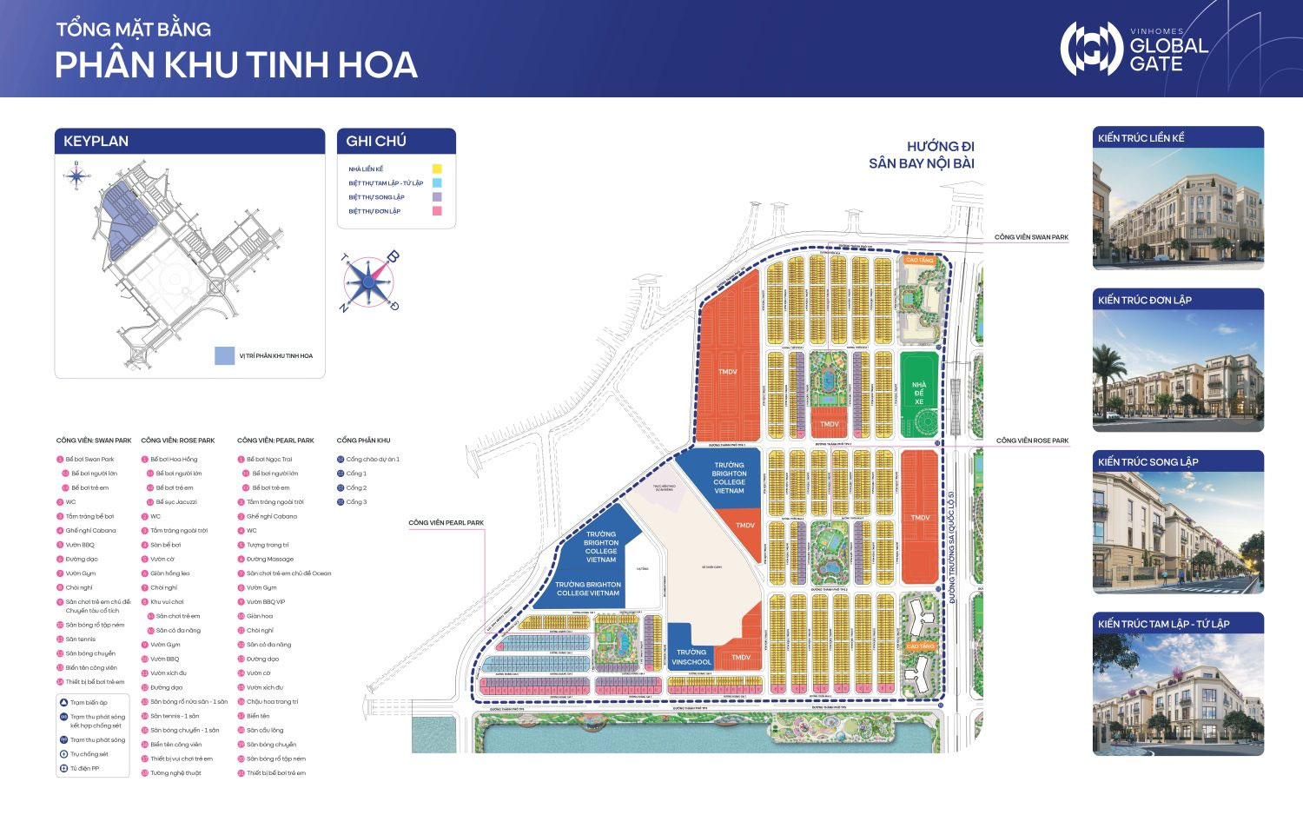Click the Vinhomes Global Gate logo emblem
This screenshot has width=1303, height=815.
[1092, 49]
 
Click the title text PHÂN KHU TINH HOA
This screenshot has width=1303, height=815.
[236, 66]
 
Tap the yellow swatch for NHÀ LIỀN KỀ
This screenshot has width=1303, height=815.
[437, 169]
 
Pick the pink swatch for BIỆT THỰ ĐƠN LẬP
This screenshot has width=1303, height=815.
[437, 211]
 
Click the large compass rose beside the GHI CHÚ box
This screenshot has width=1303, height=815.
[369, 282]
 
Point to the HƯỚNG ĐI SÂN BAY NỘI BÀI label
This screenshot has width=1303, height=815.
[922, 155]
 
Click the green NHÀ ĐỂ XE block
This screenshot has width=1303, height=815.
[919, 393]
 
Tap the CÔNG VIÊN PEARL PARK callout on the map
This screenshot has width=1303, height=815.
[446, 523]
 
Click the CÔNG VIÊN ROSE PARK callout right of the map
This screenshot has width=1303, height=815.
[1032, 441]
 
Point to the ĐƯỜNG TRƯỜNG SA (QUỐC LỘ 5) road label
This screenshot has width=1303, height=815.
[952, 547]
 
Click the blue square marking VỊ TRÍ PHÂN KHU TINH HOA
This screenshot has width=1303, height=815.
[224, 355]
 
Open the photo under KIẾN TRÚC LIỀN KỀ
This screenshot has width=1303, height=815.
[1177, 209]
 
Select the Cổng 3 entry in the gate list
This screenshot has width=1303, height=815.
[355, 502]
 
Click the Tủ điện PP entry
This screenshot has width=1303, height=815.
[84, 768]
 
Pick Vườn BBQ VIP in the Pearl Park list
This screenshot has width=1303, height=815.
[265, 601]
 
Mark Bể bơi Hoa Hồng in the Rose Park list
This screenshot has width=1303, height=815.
[173, 459]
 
